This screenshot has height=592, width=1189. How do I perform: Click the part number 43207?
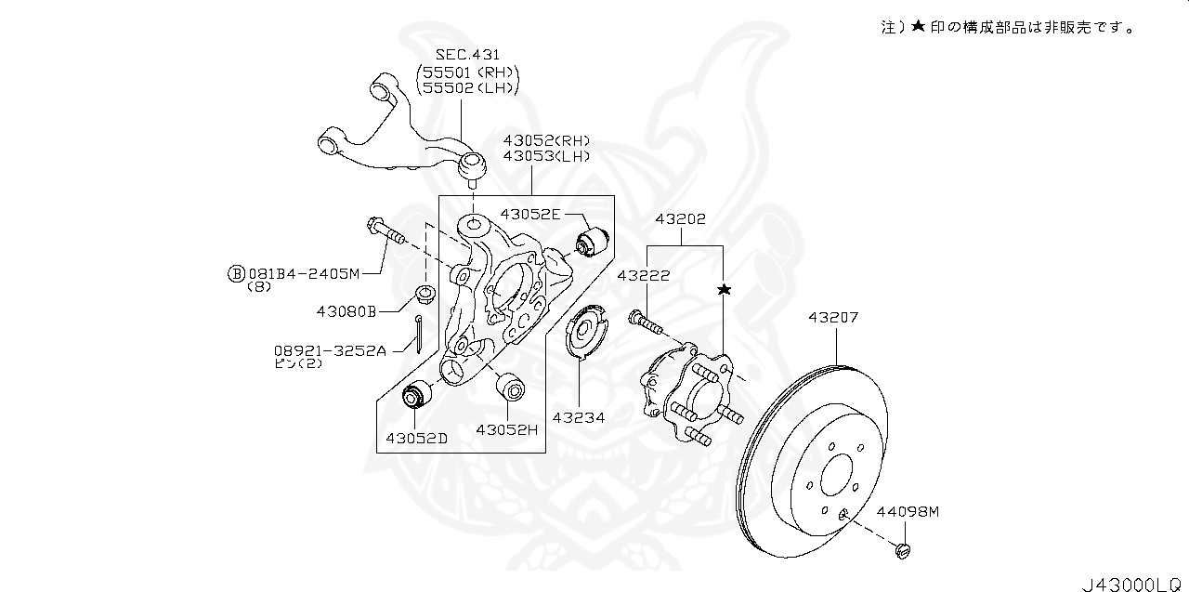click(x=832, y=317)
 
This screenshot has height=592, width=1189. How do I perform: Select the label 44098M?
click(x=908, y=511)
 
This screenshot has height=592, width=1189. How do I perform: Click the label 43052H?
click(x=507, y=429)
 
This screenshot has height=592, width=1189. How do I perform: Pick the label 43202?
click(x=680, y=220)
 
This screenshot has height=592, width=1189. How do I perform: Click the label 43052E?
click(x=530, y=214)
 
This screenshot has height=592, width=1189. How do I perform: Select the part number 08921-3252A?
click(x=329, y=350)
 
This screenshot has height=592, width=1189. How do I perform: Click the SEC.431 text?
click(x=467, y=56)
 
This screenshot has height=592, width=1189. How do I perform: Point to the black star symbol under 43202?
click(x=724, y=290)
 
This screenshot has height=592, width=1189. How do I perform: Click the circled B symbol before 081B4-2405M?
click(x=237, y=273)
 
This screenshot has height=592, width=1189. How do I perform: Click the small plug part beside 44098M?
click(x=900, y=550)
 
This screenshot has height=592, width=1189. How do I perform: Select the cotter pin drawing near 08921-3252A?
click(x=421, y=334)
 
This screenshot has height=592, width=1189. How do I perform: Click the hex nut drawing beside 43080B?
click(x=426, y=296)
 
